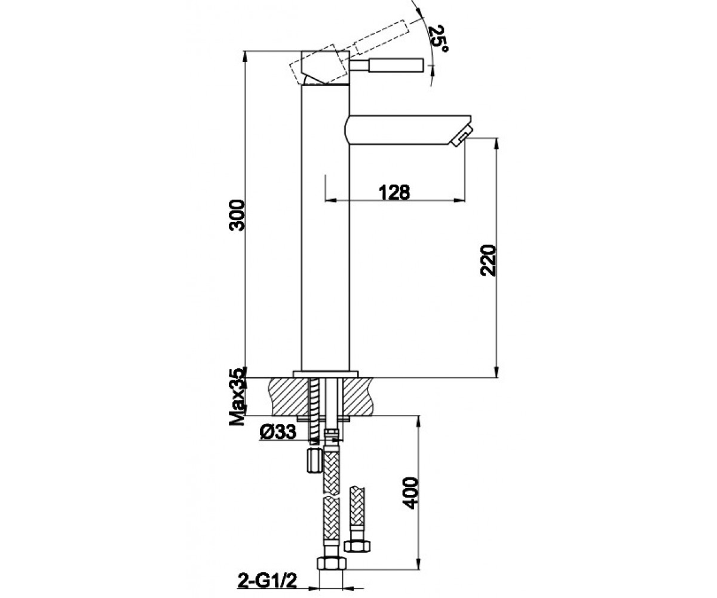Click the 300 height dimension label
point(237,215)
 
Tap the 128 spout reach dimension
point(394,193)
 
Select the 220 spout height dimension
point(488,260)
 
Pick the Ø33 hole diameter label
point(278,432)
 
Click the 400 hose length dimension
point(410,493)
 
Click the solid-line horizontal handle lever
point(387,65)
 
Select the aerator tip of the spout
point(461,136)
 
